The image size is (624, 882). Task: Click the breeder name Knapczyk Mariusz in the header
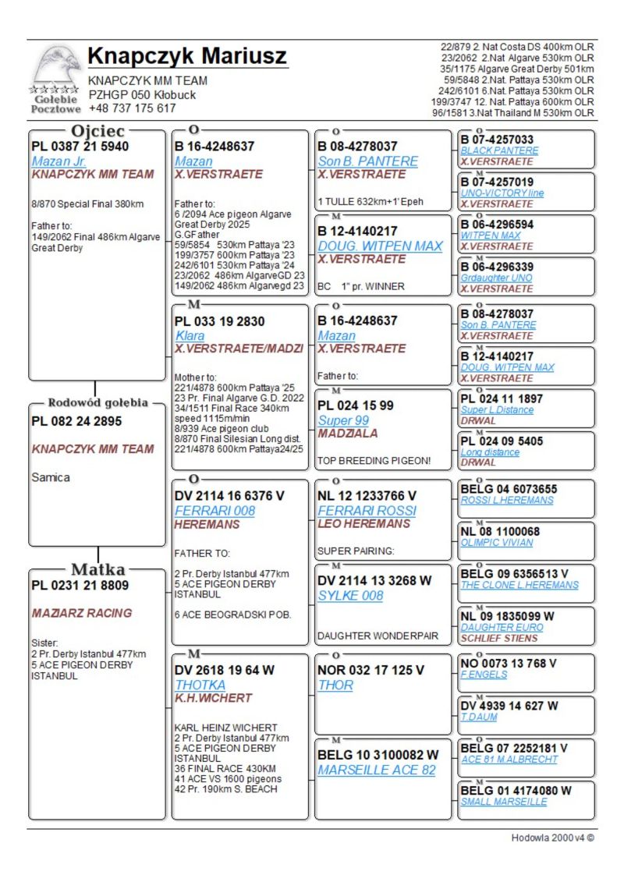187,57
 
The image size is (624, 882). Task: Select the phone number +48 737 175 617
132,108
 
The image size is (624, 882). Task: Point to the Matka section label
98,569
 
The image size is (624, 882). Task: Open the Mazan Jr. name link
58,161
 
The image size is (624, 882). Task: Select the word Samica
51,477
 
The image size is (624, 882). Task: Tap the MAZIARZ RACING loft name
82,613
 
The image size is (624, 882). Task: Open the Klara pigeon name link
190,335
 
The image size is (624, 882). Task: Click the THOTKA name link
200,685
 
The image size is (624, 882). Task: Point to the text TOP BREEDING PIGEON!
374,461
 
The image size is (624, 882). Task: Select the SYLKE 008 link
350,595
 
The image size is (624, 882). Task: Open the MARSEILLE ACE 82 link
377,770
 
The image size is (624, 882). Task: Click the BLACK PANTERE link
499,151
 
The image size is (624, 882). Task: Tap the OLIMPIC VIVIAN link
497,543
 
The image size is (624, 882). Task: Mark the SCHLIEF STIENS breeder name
498,638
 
